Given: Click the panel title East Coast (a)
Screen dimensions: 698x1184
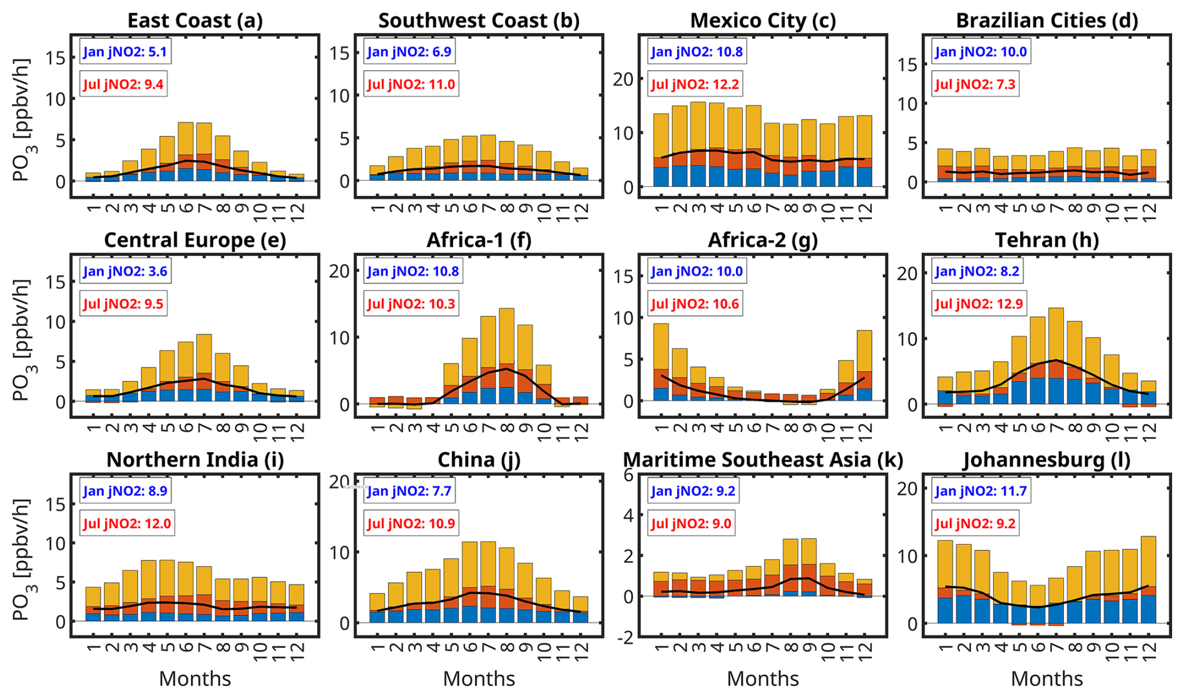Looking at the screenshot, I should point(195,21).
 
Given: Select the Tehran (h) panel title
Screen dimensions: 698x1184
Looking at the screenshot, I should point(1046,240).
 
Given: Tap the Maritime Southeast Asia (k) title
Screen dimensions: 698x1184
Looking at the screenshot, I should point(763,460).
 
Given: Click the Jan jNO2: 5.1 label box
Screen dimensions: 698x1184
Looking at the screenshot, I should point(125,52).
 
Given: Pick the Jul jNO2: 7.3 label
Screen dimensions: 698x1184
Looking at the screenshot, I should point(975,84).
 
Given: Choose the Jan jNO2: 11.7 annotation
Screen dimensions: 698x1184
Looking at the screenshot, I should point(981,491).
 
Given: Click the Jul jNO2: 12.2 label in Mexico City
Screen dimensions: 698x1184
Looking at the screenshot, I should point(695,84).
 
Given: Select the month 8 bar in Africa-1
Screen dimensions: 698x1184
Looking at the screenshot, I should point(506,357).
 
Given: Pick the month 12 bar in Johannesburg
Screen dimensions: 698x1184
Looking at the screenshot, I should point(1148,579).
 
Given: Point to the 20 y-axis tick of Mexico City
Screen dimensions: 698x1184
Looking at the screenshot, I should point(623,79).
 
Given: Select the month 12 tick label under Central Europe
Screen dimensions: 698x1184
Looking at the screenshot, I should point(297,429).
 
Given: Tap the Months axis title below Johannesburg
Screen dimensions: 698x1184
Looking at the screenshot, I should point(1046,679).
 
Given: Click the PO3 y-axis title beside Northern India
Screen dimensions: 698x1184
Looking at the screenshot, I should point(23,559).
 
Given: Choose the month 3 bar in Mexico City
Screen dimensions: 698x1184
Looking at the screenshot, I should point(698,144).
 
